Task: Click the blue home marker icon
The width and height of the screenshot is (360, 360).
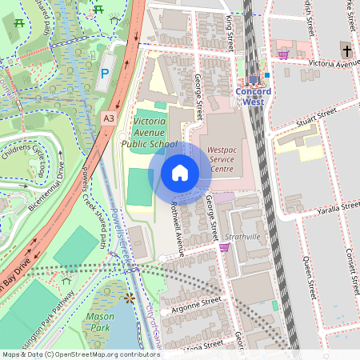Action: point(180,172)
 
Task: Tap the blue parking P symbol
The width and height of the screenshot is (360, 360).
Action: point(105,73)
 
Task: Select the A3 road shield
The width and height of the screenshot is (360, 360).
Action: point(108,118)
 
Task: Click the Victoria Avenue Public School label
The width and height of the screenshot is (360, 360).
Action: point(144,131)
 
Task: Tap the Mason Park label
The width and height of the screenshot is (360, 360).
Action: point(100,321)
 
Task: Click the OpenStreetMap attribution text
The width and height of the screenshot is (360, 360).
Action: point(80,354)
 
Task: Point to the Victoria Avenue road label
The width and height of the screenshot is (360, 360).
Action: point(336,62)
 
